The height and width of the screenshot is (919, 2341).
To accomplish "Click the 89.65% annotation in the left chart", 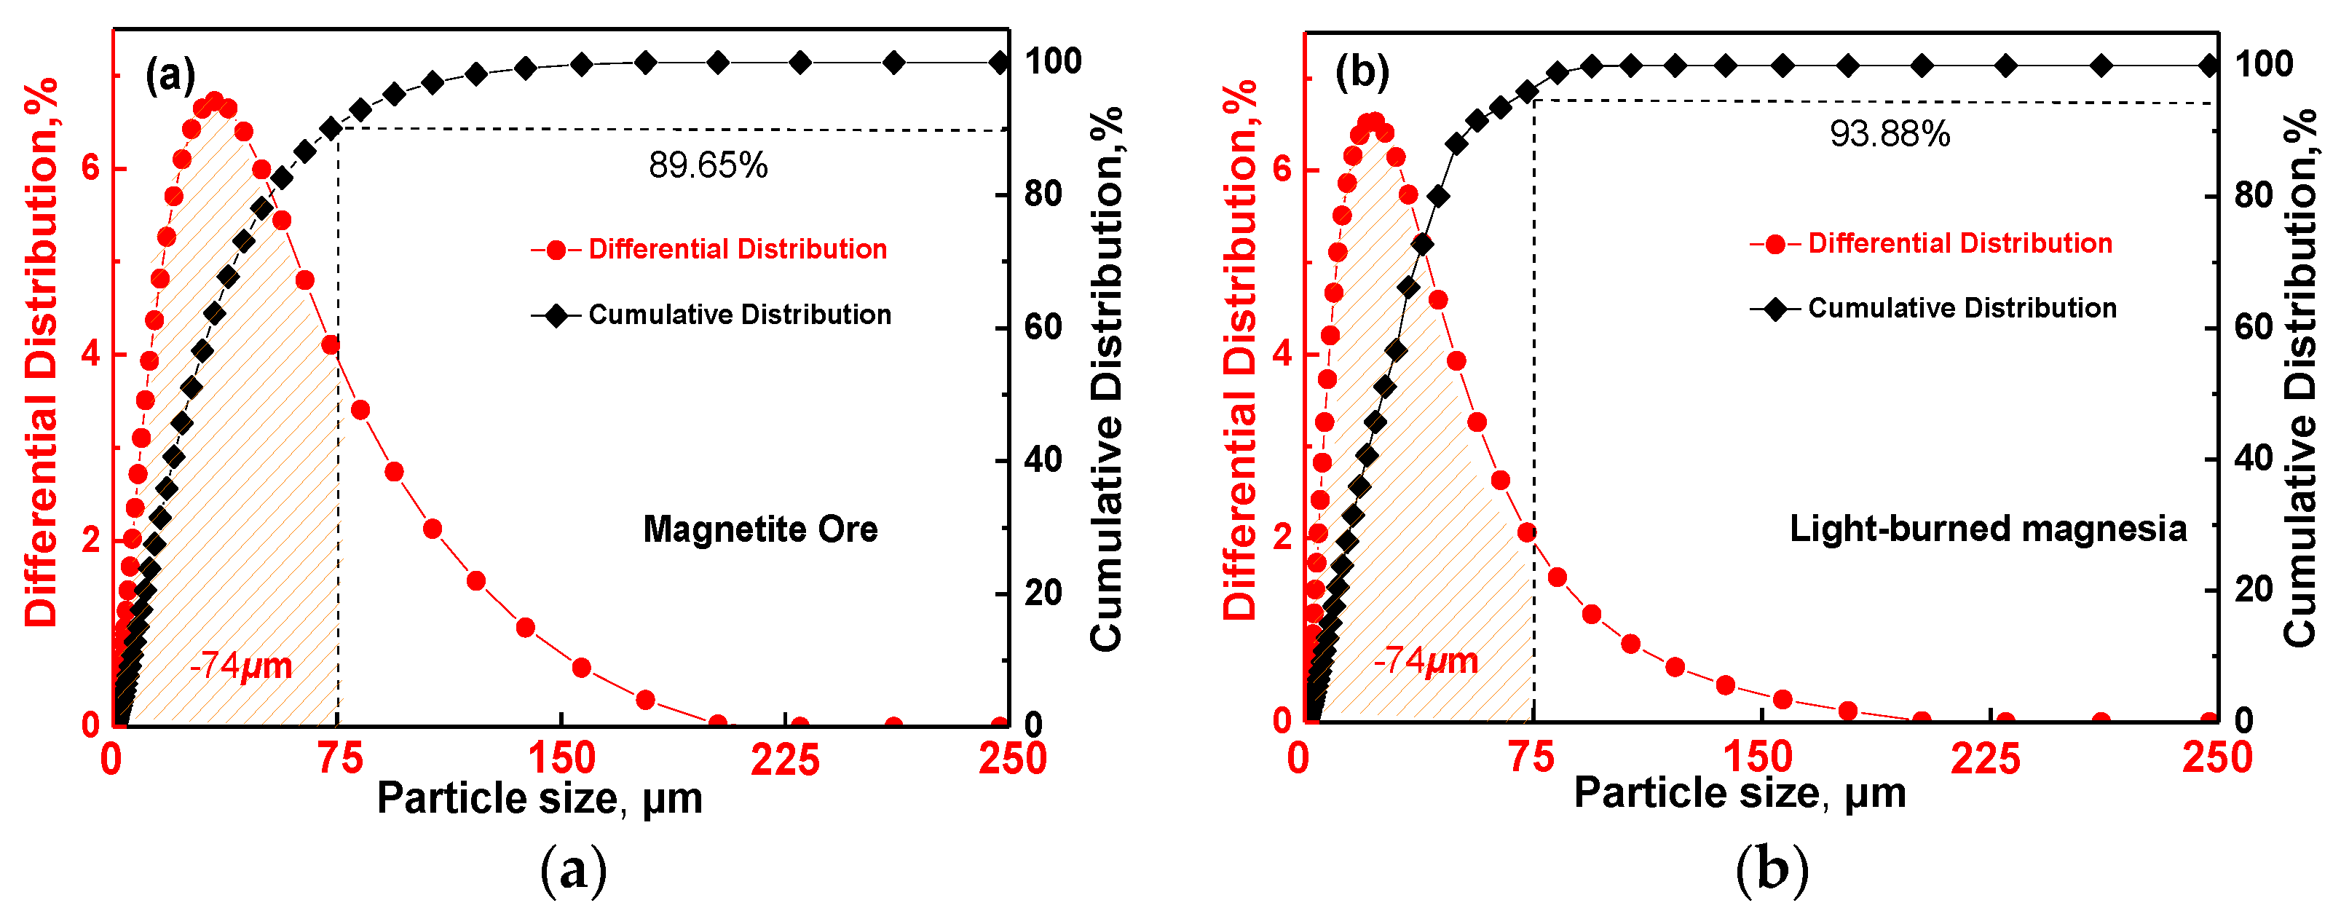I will pos(708,165).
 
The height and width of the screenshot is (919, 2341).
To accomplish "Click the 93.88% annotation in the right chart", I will pos(1890,135).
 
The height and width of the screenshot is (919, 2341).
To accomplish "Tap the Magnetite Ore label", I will pos(759,529).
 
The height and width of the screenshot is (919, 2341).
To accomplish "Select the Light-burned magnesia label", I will pos(1988,528).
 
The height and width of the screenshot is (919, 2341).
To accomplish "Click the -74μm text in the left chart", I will pos(241,666).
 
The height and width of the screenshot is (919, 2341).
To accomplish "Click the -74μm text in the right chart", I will pos(1425,660).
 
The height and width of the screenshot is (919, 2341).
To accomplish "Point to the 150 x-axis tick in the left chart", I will pos(561,759).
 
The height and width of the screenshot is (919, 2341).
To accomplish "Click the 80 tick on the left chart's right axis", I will pos(1043,194).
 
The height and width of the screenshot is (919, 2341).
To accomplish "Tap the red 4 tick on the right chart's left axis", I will pos(1282,354).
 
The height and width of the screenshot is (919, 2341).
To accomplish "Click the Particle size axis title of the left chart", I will pos(540,799).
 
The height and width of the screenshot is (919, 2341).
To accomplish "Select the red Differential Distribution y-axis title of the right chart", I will pos(1239,350).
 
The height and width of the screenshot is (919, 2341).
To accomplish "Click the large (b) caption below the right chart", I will pos(1771,870).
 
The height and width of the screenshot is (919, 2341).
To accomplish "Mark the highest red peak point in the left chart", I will pos(215,101).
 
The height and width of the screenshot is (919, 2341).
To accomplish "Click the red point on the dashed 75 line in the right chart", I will pos(1527,532).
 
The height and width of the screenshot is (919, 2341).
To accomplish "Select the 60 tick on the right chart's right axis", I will pos(2253,327).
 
